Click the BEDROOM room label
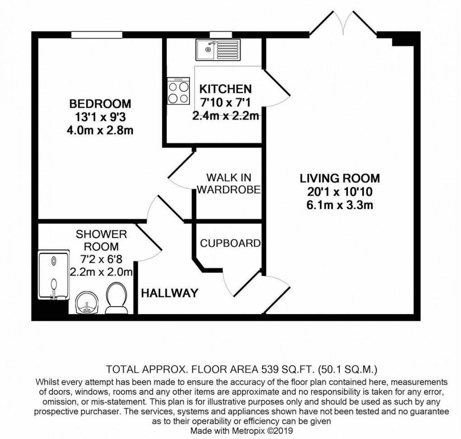(x=100, y=104)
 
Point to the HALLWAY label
(x=169, y=293)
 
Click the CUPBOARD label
(x=230, y=243)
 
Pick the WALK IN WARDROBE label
(x=229, y=183)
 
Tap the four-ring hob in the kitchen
(x=179, y=91)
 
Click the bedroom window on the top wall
(x=96, y=34)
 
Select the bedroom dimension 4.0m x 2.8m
(x=100, y=131)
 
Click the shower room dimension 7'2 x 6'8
(x=101, y=260)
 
